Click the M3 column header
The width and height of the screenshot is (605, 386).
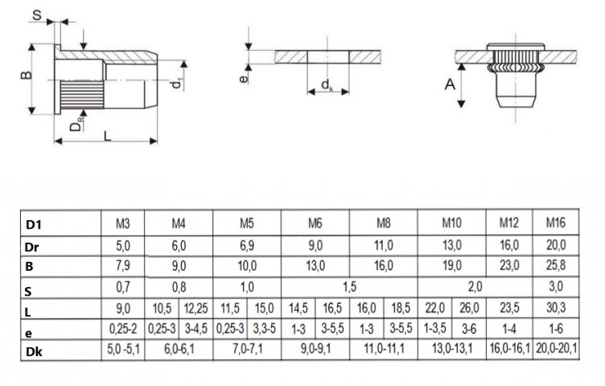123,223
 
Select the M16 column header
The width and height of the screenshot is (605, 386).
556,222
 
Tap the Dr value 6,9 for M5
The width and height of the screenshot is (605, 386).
247,245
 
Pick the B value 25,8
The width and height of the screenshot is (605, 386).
556,265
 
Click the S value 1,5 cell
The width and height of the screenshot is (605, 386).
349,287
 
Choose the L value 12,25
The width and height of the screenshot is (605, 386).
195,309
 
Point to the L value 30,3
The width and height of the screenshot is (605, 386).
556,308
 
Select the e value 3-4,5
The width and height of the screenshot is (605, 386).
195,329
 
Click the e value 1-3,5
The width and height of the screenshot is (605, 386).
434,329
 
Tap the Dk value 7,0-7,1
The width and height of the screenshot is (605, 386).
247,349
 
